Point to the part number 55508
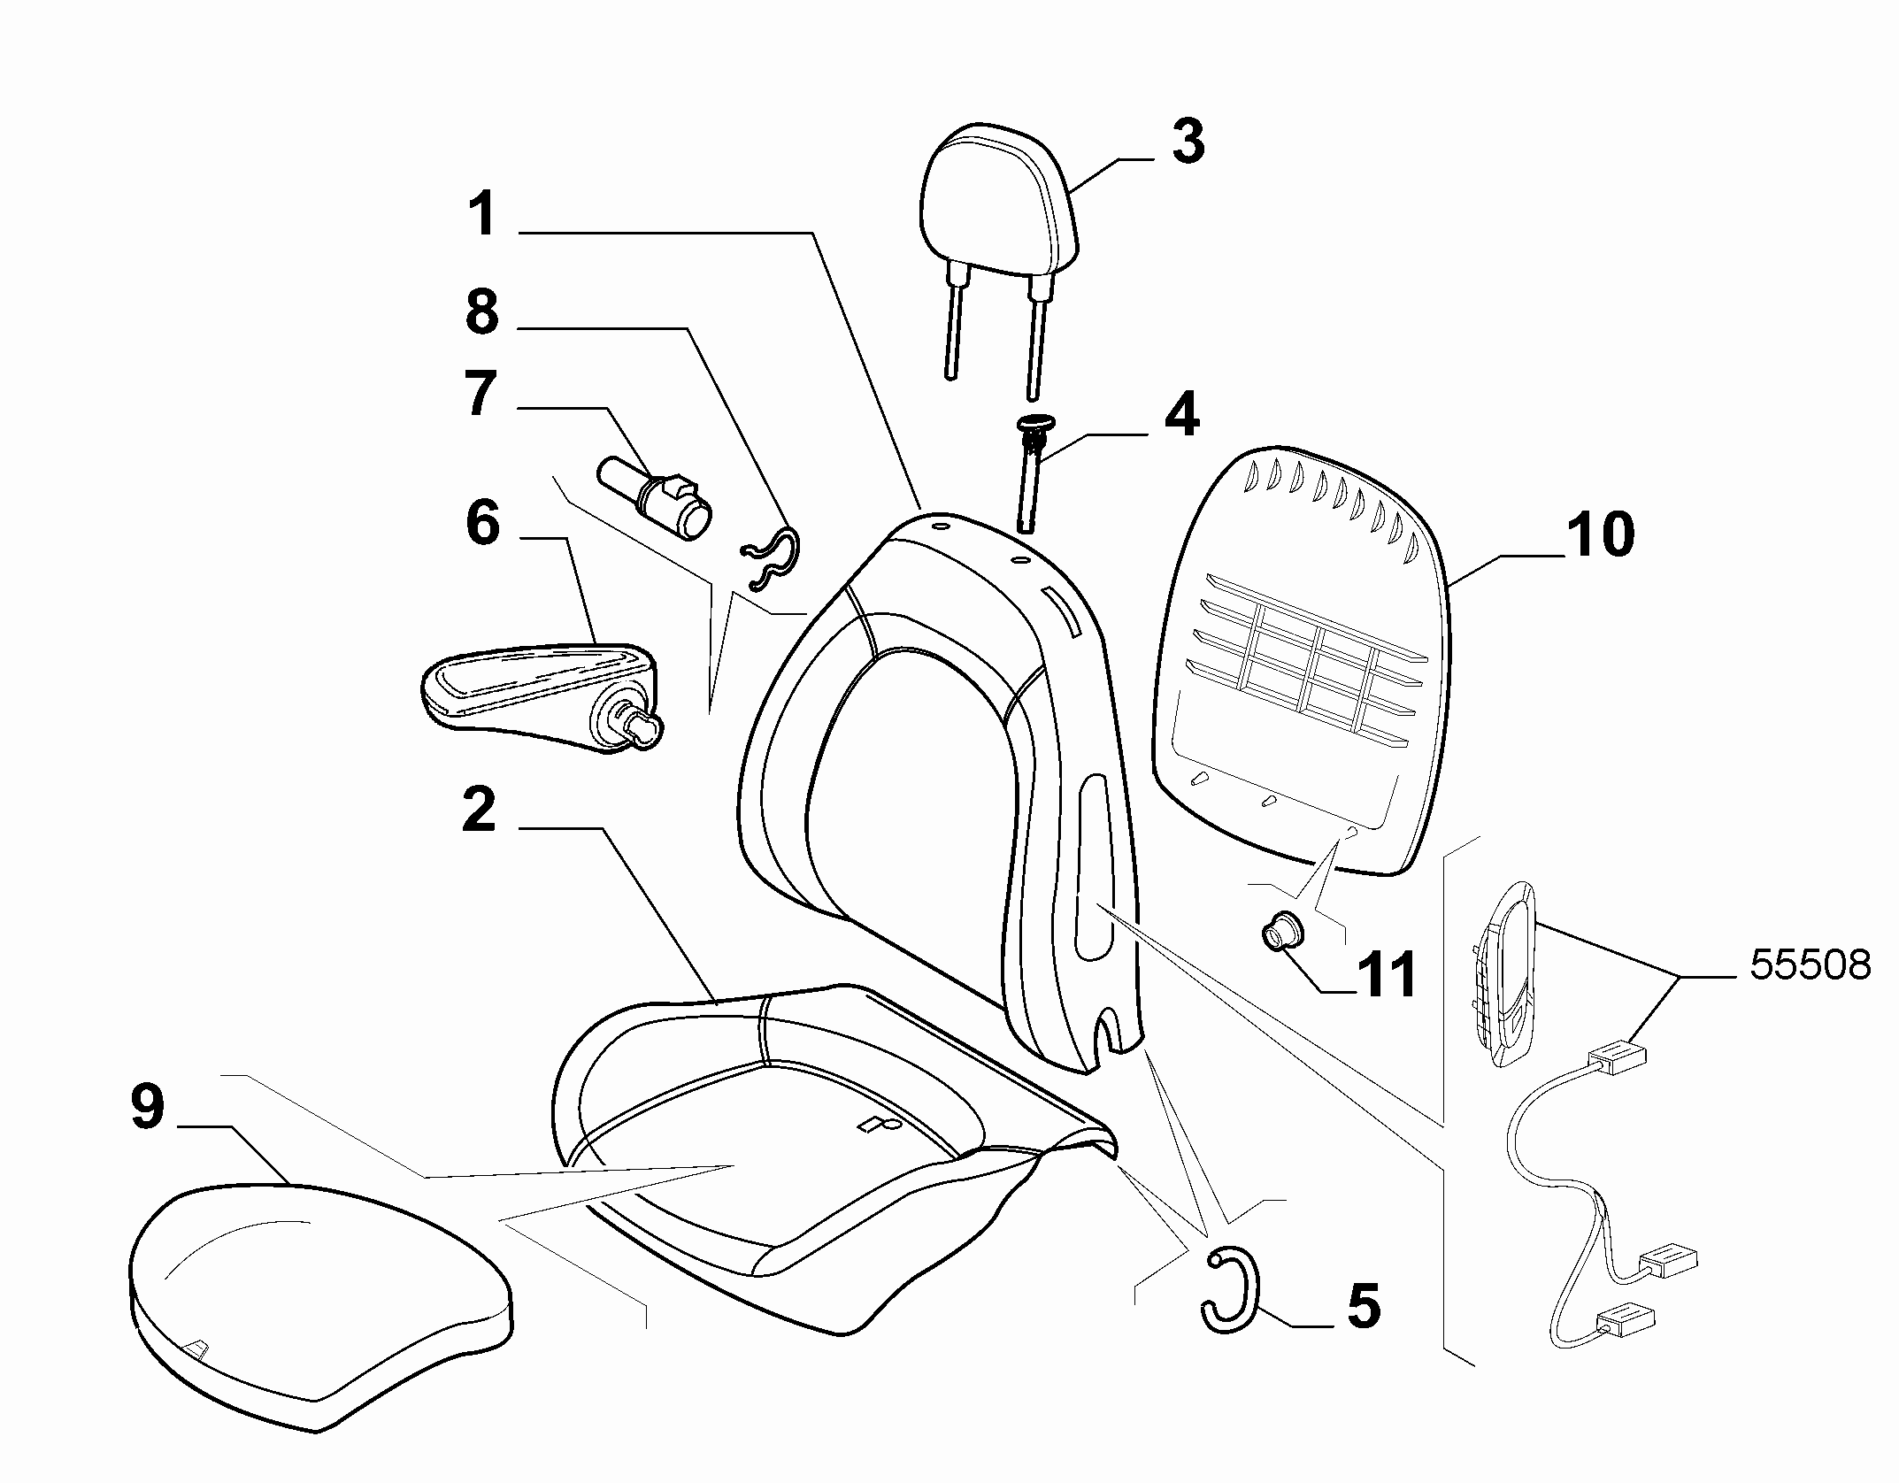pyautogui.click(x=1811, y=965)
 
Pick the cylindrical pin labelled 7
pyautogui.click(x=655, y=497)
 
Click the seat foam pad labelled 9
pyautogui.click(x=320, y=1307)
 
